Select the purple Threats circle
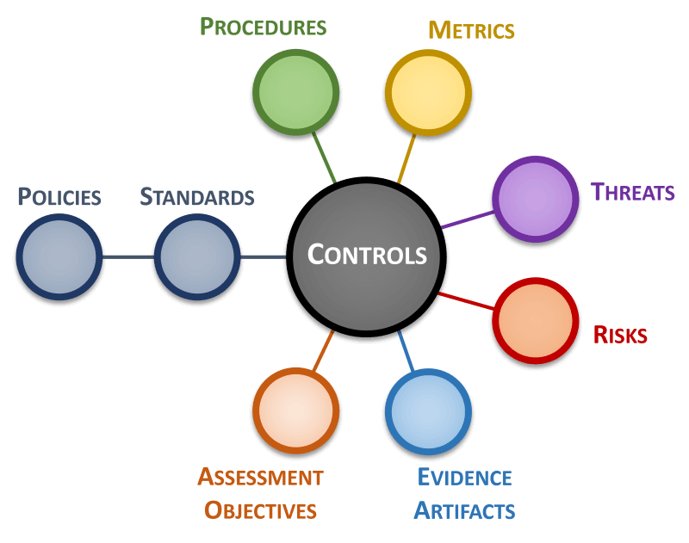tap(536, 200)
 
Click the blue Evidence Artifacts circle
tap(428, 411)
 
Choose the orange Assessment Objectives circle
tap(295, 410)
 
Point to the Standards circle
tap(197, 256)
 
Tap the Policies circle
tap(59, 256)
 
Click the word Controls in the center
tap(367, 255)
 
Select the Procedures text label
tap(263, 27)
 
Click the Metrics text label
tap(471, 31)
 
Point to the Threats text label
tap(632, 192)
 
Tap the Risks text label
tap(620, 335)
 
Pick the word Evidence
tap(464, 478)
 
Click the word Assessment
tap(260, 477)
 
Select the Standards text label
tap(197, 197)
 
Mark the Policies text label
tap(59, 197)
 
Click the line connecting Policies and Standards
tap(128, 256)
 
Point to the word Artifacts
tap(464, 510)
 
